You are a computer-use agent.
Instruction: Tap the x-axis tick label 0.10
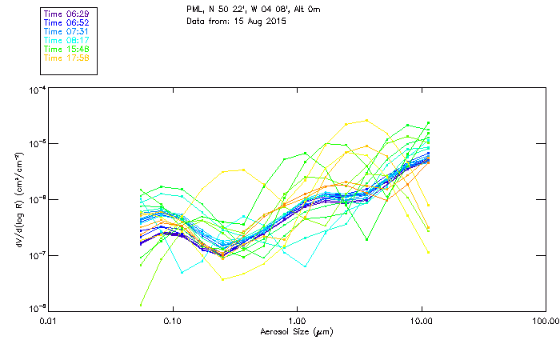(172, 321)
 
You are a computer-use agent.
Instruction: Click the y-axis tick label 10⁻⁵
(35, 144)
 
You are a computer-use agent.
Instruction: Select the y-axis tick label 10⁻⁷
(35, 254)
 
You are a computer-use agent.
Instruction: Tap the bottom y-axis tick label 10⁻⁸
(35, 307)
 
